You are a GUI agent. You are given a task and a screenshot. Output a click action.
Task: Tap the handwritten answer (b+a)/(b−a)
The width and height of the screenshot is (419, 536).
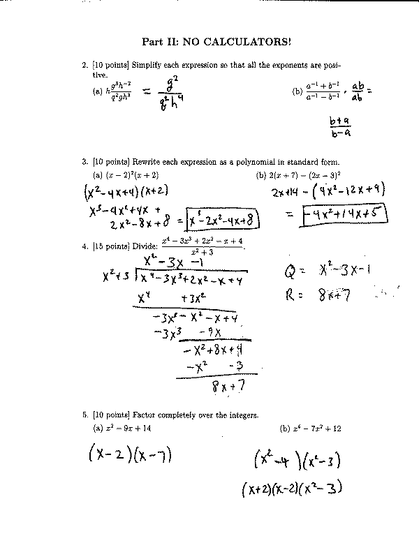[339, 127]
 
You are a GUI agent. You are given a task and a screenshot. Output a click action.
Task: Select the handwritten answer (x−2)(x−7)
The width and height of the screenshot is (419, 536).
[131, 455]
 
